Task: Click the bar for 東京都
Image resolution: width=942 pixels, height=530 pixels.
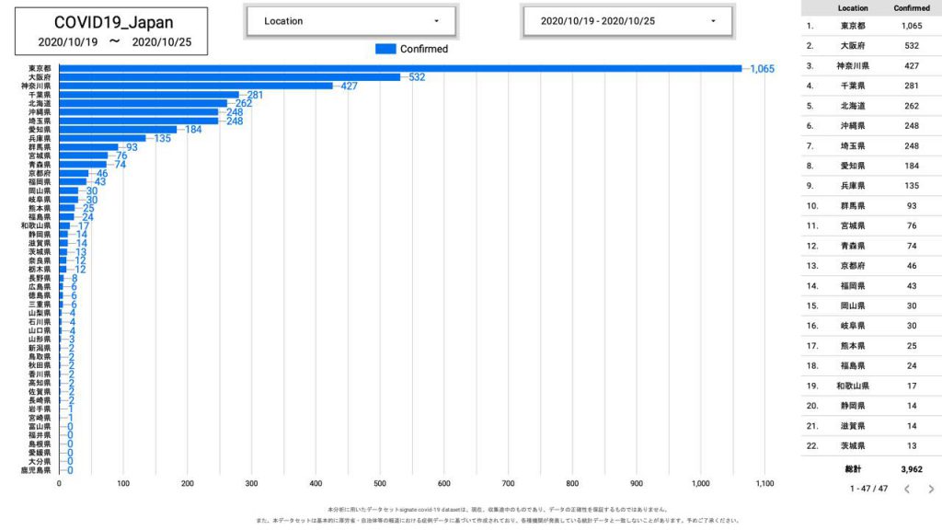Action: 400,68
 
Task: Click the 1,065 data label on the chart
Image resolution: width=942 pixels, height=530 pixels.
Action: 764,69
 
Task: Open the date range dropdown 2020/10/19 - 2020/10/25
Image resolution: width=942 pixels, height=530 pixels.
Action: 627,21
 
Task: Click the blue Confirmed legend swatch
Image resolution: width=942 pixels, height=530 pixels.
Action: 385,49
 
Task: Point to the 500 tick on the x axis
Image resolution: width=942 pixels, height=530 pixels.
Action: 380,483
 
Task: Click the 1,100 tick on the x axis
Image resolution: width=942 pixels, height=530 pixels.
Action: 764,483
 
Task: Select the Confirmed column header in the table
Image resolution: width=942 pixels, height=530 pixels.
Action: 912,8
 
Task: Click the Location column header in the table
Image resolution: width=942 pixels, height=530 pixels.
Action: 853,8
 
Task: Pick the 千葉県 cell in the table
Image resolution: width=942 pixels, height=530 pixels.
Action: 853,86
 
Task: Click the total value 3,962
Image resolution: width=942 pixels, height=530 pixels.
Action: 912,469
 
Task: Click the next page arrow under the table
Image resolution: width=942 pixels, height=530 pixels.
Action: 931,489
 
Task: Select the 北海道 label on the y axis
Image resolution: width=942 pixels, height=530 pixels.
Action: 40,103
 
